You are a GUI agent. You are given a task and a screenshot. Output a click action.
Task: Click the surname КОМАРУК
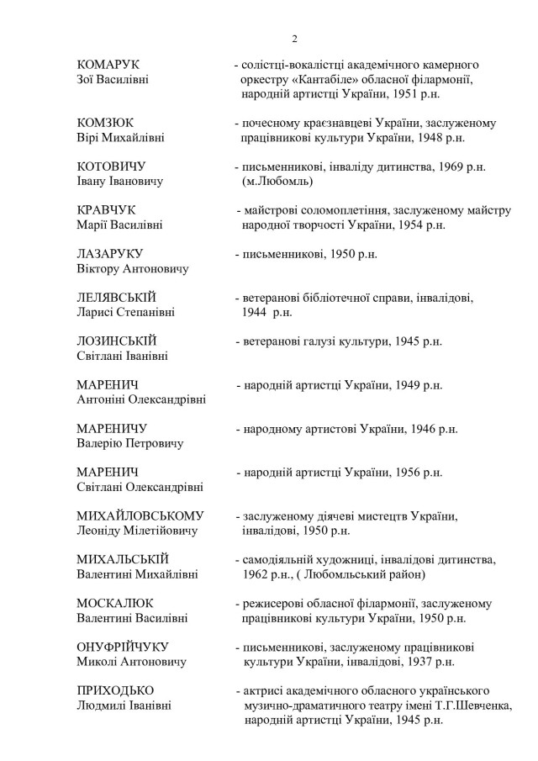108,65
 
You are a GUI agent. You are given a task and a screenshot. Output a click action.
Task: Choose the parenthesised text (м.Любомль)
277,181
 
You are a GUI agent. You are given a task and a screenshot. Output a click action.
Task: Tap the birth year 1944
256,312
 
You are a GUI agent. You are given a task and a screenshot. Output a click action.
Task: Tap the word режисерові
271,604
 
